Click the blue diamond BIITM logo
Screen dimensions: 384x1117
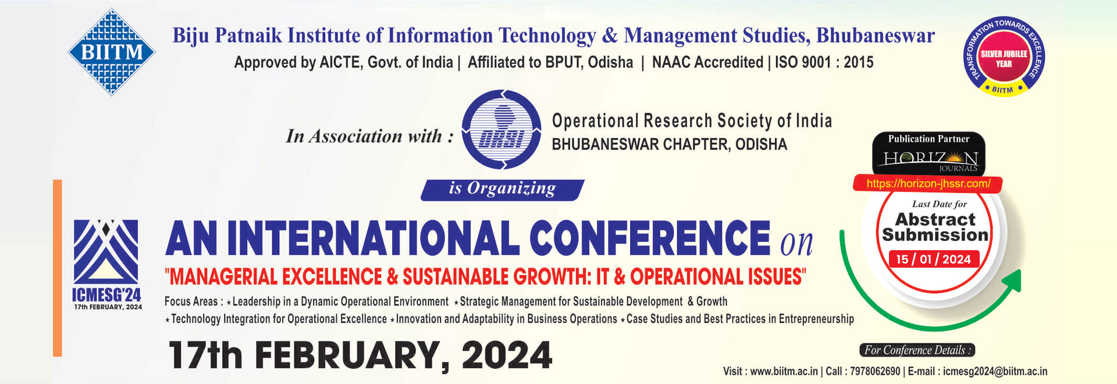pyautogui.click(x=112, y=52)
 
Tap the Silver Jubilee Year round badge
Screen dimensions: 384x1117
pyautogui.click(x=1004, y=57)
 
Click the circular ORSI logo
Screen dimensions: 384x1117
pyautogui.click(x=501, y=130)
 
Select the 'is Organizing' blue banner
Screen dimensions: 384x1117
pyautogui.click(x=502, y=189)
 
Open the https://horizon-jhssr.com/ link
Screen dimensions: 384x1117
pyautogui.click(x=928, y=184)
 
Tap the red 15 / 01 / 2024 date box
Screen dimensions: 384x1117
pyautogui.click(x=933, y=259)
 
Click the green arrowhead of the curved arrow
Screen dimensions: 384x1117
pyautogui.click(x=1013, y=281)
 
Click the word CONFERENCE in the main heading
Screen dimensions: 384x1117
pyautogui.click(x=649, y=238)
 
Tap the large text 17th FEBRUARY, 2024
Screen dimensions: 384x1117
pyautogui.click(x=360, y=355)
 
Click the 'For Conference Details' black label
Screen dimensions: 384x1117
pyautogui.click(x=917, y=350)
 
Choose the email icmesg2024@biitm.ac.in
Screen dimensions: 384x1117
pyautogui.click(x=995, y=371)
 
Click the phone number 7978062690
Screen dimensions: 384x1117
pyautogui.click(x=875, y=371)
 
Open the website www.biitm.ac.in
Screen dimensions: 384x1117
pyautogui.click(x=784, y=371)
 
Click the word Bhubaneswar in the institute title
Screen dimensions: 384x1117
pyautogui.click(x=875, y=36)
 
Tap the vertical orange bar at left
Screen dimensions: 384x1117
pyautogui.click(x=57, y=268)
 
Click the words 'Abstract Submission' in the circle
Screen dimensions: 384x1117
pyautogui.click(x=935, y=227)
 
